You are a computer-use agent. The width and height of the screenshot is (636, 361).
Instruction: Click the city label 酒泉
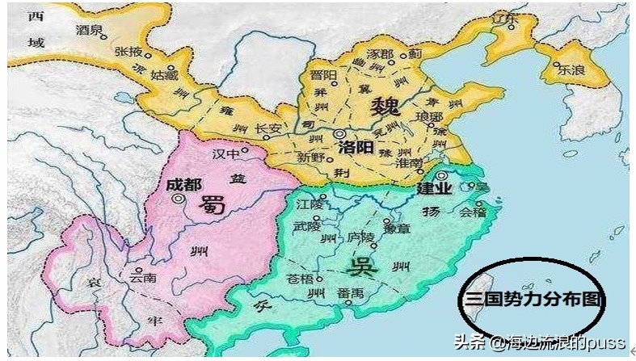(90, 30)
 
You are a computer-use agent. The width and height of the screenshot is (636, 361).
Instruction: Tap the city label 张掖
(128, 51)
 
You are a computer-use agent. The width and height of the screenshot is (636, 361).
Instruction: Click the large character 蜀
(208, 207)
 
